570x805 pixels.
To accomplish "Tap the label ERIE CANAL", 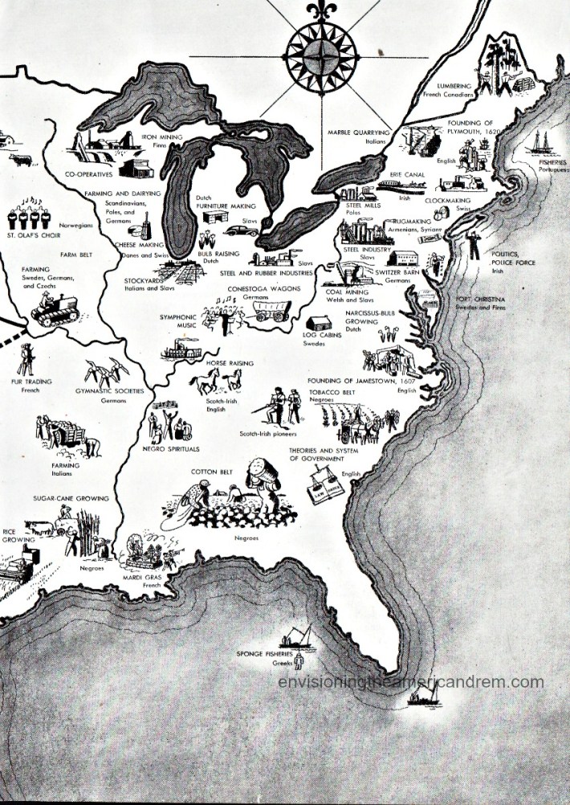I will (x=406, y=174).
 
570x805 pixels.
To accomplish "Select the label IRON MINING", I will (x=162, y=137).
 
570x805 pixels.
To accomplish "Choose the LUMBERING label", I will (x=454, y=85).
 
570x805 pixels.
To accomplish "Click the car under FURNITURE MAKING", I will (x=238, y=231).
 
